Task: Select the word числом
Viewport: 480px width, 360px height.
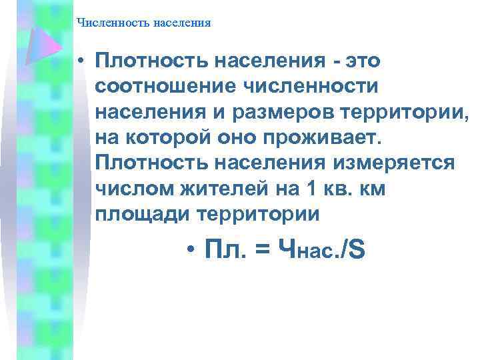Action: [134, 189]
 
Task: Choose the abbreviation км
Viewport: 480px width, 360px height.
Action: [371, 189]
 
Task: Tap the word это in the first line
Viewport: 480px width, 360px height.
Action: [361, 61]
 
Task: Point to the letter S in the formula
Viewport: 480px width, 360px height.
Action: [356, 251]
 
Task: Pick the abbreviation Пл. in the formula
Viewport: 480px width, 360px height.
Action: [225, 251]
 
